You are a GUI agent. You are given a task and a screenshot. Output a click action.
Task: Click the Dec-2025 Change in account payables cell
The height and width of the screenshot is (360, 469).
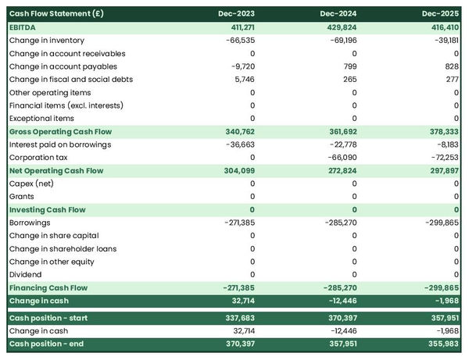pyautogui.click(x=449, y=66)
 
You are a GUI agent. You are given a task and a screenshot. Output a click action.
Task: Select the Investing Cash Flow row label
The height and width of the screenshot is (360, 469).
pyautogui.click(x=48, y=209)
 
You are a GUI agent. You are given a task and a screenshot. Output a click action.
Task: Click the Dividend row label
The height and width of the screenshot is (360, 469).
pyautogui.click(x=26, y=274)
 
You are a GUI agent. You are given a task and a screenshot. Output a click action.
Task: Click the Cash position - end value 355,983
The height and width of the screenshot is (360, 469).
pyautogui.click(x=442, y=344)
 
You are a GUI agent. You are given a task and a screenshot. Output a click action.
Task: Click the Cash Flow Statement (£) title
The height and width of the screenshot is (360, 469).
pyautogui.click(x=54, y=14)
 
